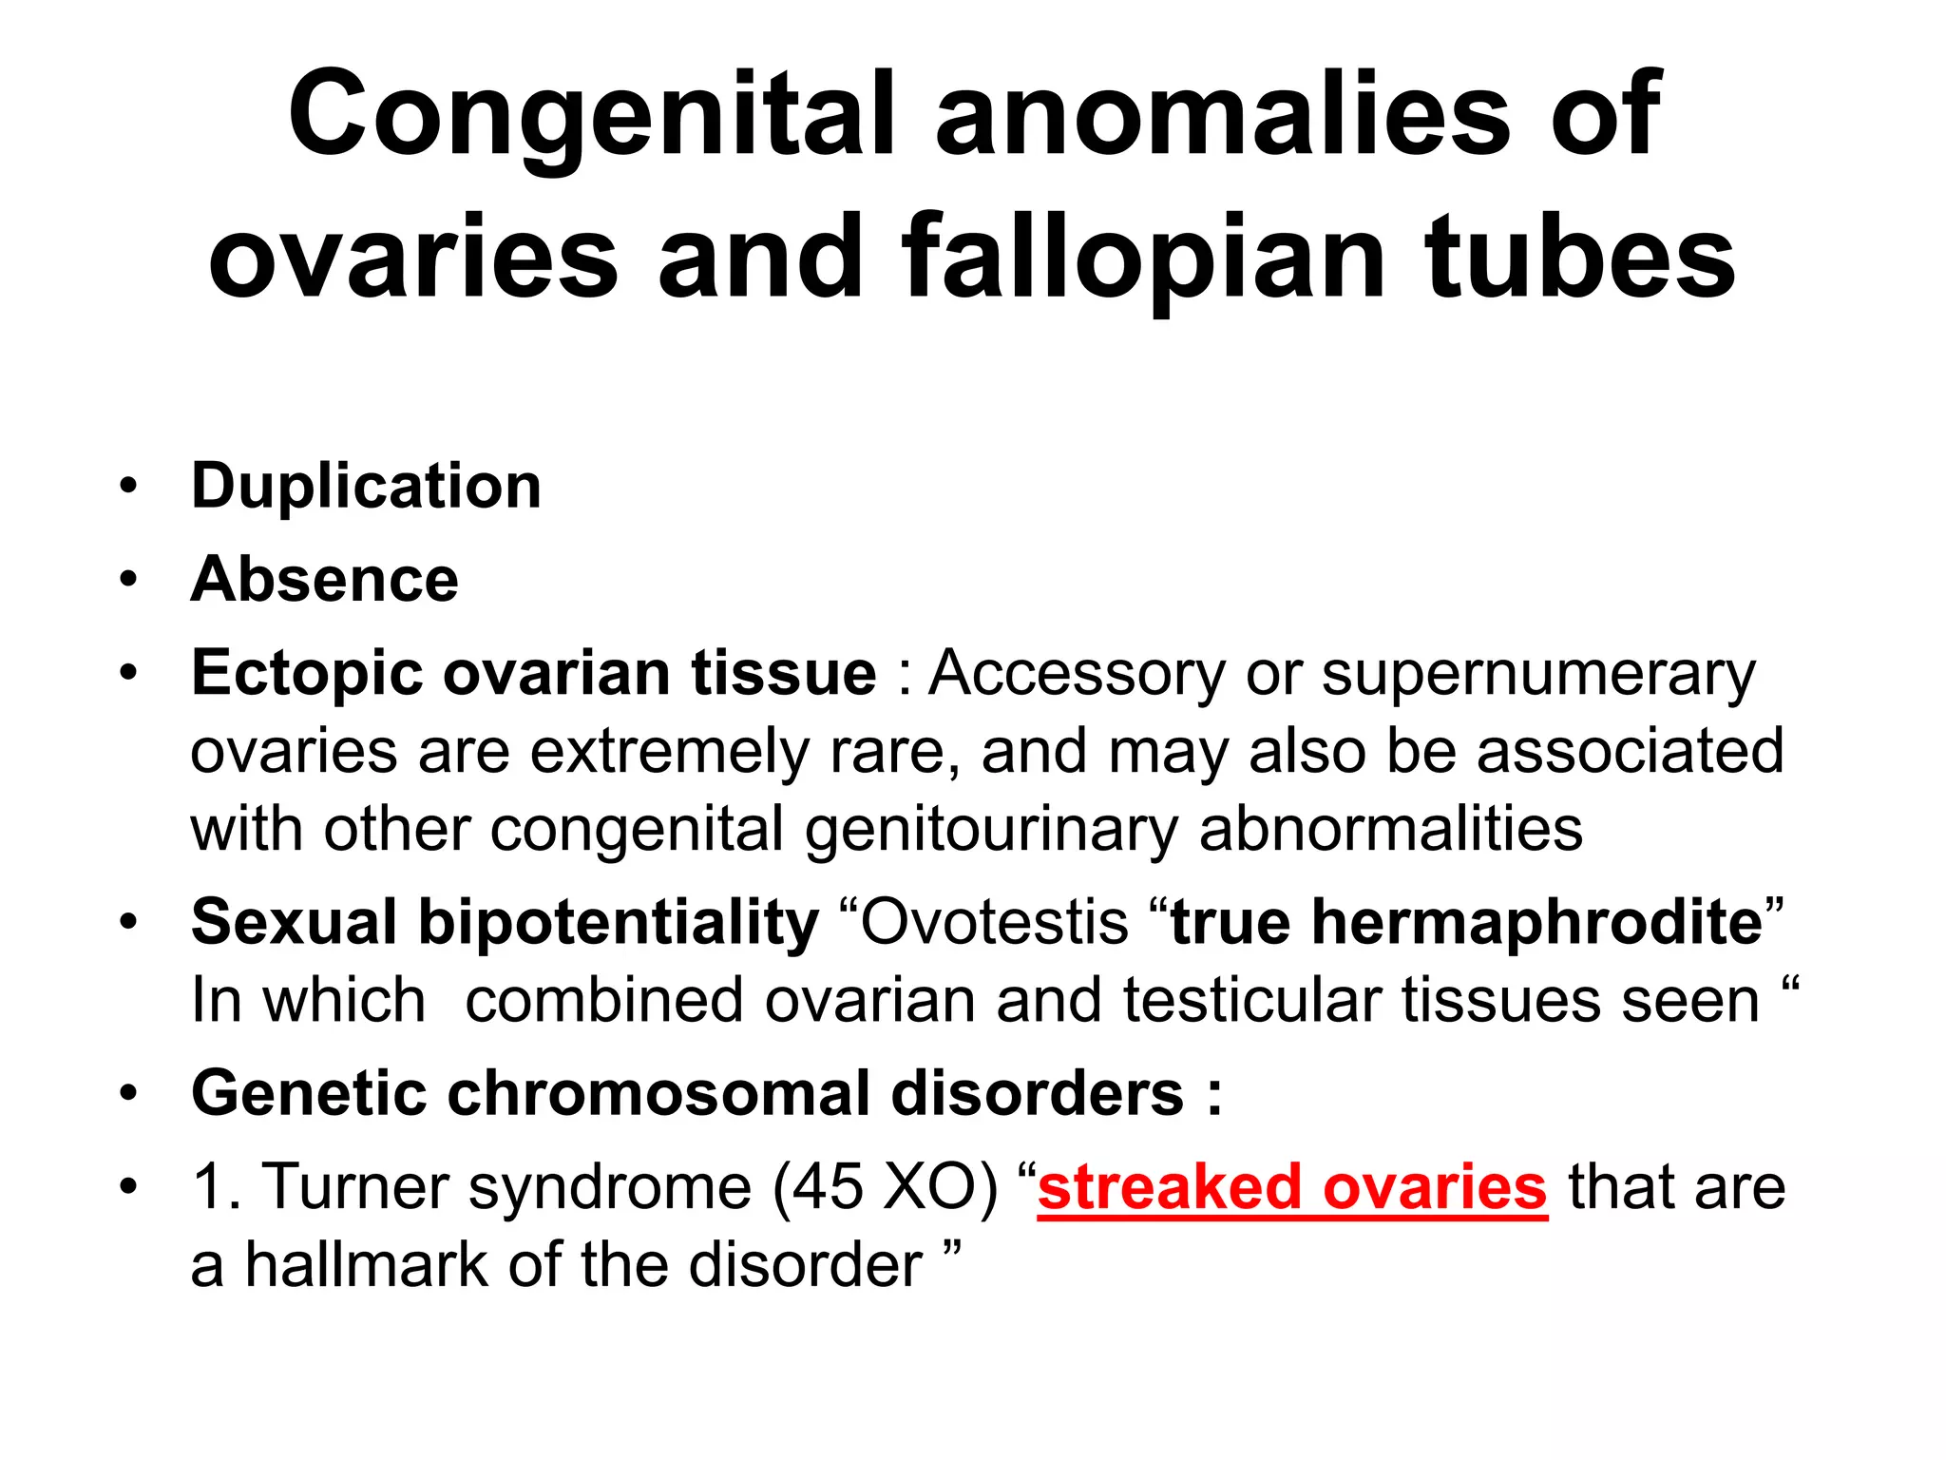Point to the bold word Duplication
coord(366,487)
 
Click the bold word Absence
coord(325,580)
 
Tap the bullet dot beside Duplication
coord(128,487)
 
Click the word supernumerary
coord(1538,675)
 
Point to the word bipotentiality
coord(619,922)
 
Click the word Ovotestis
coord(994,922)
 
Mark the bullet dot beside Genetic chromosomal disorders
coord(128,1093)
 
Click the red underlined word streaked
coord(1169,1187)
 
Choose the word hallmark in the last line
coord(367,1265)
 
